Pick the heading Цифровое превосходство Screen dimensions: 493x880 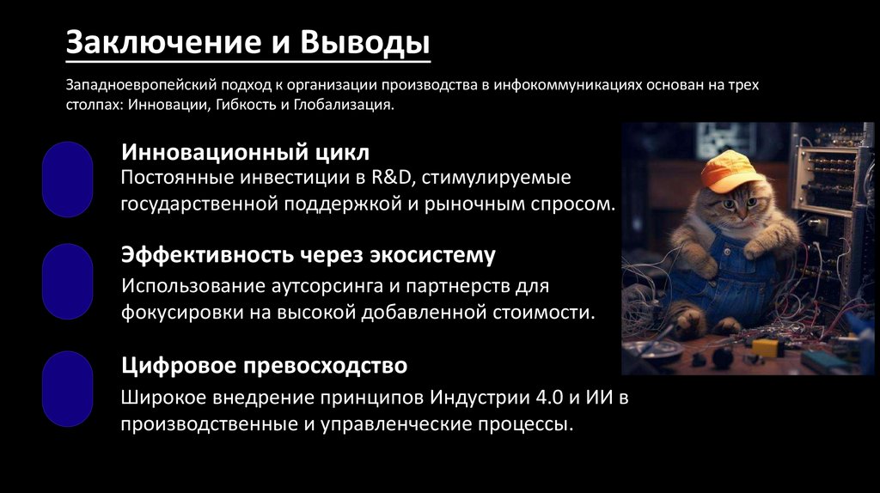[x=264, y=366]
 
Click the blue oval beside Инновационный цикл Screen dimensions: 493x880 [x=68, y=179]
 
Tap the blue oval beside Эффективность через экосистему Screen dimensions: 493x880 [x=68, y=282]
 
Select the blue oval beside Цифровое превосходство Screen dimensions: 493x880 [x=68, y=389]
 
